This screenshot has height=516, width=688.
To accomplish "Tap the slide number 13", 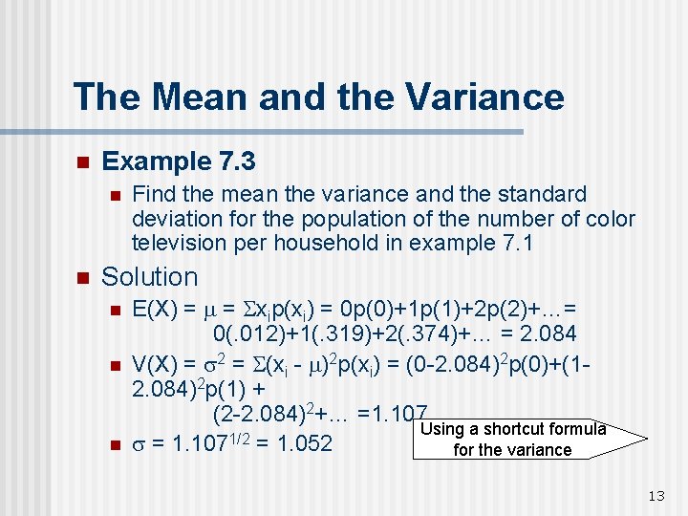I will click(x=656, y=495).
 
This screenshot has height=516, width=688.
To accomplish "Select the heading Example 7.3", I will click(x=179, y=161).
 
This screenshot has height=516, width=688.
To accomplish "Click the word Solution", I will click(x=149, y=277).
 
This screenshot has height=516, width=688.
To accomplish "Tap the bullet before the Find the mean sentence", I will click(x=114, y=196).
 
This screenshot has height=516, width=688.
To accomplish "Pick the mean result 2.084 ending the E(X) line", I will click(x=545, y=333).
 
